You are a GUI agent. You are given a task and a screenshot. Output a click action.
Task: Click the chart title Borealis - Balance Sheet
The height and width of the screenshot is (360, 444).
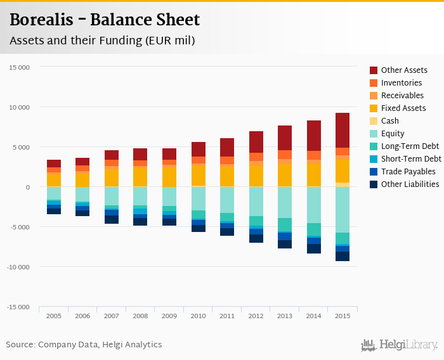coord(105,20)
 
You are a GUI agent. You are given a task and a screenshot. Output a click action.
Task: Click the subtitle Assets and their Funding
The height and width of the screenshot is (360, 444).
coord(101,41)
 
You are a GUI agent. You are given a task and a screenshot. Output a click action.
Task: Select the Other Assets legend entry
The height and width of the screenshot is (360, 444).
coord(403,70)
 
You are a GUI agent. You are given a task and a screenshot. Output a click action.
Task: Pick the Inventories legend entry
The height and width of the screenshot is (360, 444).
coord(401,83)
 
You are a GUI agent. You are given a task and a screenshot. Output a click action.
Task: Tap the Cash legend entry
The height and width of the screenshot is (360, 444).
coord(389,121)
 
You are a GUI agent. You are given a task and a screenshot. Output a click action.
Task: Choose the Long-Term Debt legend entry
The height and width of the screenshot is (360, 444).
coord(410,146)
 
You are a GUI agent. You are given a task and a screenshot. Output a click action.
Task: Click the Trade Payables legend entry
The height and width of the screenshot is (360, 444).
coord(408,172)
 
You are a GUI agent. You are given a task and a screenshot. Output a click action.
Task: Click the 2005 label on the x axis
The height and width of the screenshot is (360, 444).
coord(54,316)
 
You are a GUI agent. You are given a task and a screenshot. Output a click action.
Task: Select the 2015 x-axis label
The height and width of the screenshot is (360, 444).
coord(343,316)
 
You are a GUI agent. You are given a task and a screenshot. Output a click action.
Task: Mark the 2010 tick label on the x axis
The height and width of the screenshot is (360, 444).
coord(198,316)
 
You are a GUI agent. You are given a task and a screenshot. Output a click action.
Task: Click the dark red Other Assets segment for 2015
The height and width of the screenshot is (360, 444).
coord(343,130)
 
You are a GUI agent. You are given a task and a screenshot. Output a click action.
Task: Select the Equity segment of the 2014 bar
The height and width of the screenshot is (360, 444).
coord(314,205)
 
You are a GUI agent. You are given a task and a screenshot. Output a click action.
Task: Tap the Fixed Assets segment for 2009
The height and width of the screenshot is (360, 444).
coord(169,176)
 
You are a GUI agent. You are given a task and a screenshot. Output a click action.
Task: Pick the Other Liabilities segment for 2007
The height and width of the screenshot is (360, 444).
coord(112,219)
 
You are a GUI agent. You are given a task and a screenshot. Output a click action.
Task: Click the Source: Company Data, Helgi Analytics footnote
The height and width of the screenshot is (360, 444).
coord(84,345)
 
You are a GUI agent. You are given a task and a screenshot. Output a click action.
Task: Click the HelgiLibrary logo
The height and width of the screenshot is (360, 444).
coord(400,345)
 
